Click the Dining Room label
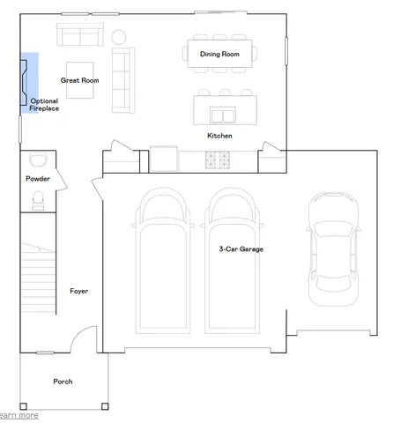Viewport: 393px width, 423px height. pyautogui.click(x=219, y=55)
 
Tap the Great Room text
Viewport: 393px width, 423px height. pyautogui.click(x=79, y=80)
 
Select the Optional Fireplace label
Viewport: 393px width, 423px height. pyautogui.click(x=44, y=105)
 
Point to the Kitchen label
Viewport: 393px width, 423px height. pyautogui.click(x=219, y=136)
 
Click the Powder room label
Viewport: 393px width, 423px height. pyautogui.click(x=37, y=179)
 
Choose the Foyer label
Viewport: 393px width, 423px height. pyautogui.click(x=78, y=291)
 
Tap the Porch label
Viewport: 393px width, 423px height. pyautogui.click(x=63, y=382)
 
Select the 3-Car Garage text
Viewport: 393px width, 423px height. pyautogui.click(x=241, y=249)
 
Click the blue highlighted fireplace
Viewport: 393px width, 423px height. pyautogui.click(x=28, y=82)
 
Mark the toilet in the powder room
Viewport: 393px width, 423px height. pyautogui.click(x=37, y=202)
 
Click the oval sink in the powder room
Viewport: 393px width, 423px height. pyautogui.click(x=37, y=160)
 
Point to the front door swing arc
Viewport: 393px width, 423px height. pyautogui.click(x=84, y=339)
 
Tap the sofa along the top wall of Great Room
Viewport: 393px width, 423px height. pyautogui.click(x=79, y=35)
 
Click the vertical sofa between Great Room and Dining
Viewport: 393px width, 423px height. pyautogui.click(x=122, y=70)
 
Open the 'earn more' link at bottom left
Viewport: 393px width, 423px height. pyautogui.click(x=19, y=415)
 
